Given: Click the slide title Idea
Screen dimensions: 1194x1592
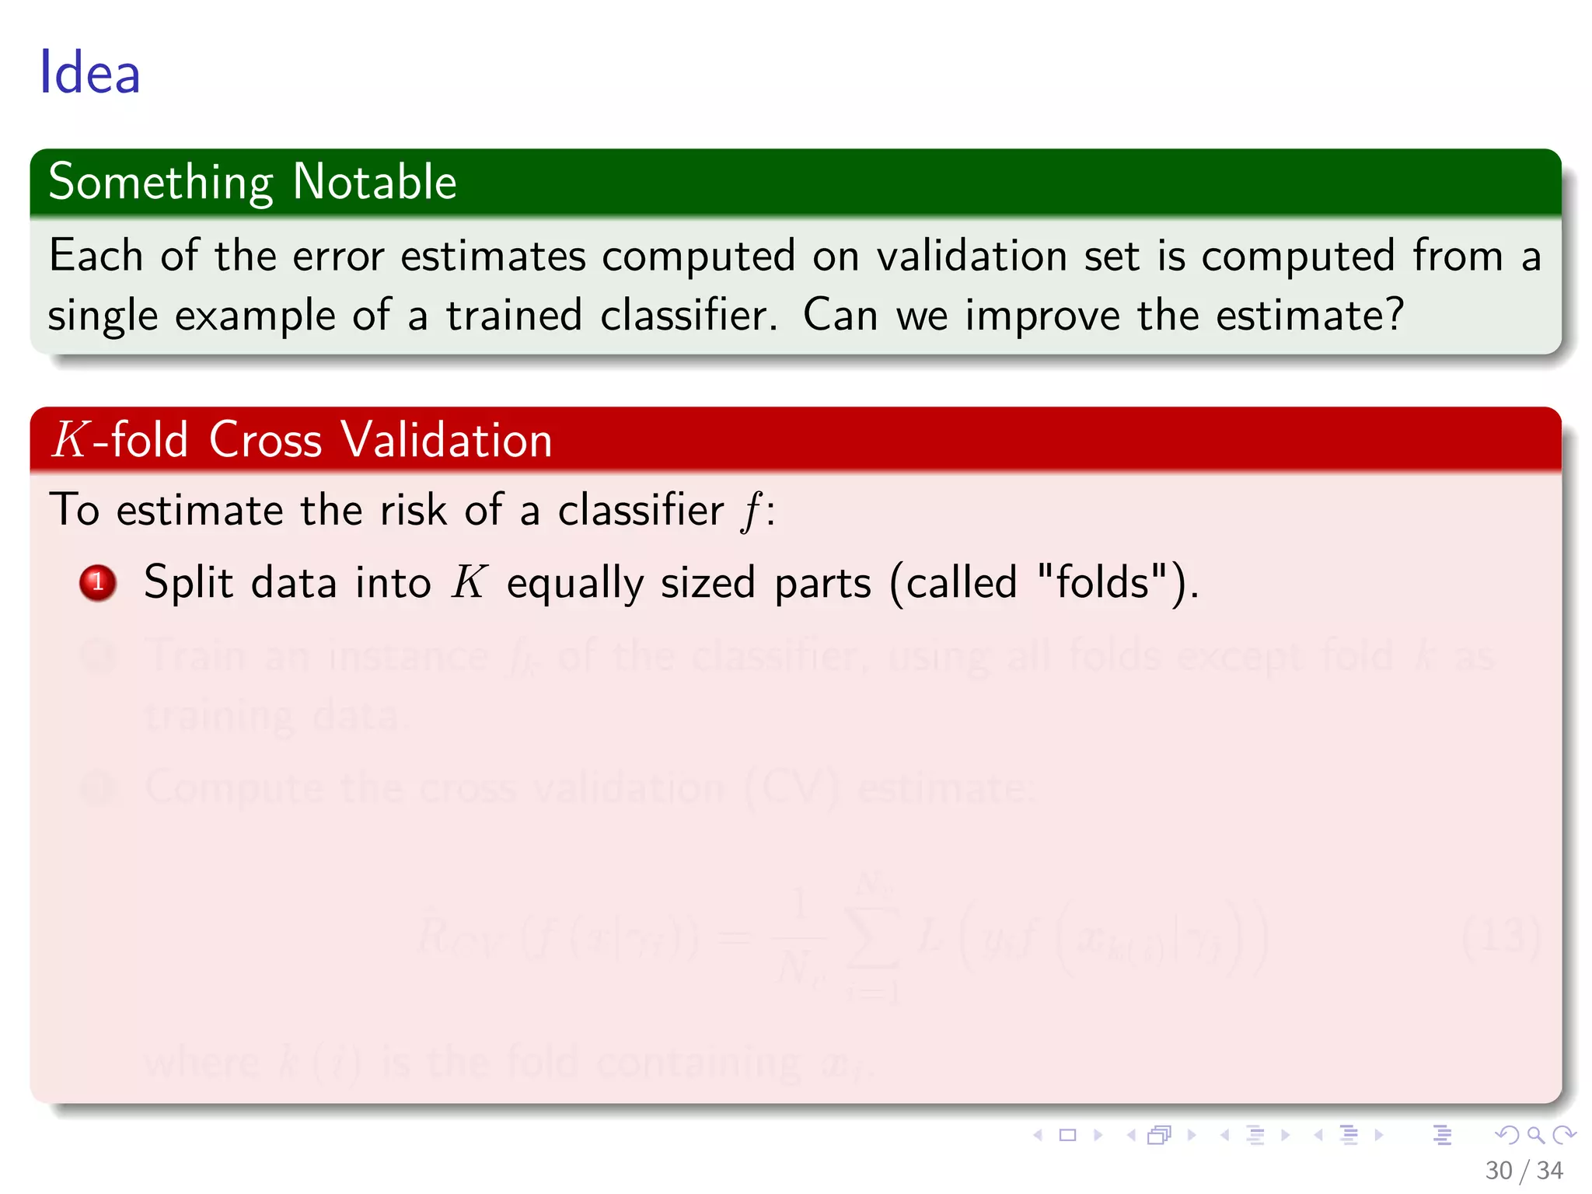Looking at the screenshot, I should point(89,72).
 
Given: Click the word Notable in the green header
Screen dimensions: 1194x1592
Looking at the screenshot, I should point(375,182).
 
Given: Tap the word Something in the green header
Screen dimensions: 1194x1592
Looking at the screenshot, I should point(161,183).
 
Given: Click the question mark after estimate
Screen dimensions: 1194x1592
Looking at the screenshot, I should point(1395,316).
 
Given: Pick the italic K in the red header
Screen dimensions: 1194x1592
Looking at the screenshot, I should point(70,440).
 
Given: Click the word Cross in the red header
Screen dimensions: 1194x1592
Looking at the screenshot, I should point(265,440).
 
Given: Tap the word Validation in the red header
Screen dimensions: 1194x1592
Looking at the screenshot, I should point(447,440).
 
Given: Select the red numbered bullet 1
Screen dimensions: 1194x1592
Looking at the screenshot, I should point(98,582).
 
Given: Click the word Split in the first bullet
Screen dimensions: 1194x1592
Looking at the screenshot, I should point(188,583).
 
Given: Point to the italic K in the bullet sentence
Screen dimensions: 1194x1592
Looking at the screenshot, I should point(470,582).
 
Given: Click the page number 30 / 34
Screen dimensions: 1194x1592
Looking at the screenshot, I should point(1523,1171).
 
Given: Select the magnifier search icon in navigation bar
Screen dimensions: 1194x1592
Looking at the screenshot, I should point(1535,1135).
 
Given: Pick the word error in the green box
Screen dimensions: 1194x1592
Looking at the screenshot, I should point(338,256).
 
